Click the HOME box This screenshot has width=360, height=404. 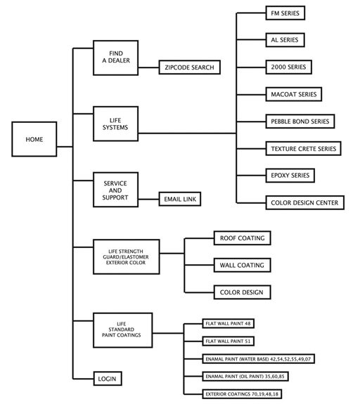click(34, 139)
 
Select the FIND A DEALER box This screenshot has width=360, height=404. click(116, 58)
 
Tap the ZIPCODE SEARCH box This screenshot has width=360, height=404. click(190, 67)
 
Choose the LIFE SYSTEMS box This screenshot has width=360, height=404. click(116, 124)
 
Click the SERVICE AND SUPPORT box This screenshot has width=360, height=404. click(116, 190)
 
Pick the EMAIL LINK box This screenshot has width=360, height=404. click(180, 199)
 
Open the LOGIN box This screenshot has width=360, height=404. click(108, 379)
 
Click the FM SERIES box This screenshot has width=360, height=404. click(285, 13)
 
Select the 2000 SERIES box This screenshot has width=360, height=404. click(288, 67)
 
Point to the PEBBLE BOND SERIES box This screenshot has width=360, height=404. click(300, 121)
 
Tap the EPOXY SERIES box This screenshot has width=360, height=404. click(290, 176)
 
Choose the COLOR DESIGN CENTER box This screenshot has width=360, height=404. click(305, 202)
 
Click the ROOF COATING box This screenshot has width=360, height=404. click(243, 237)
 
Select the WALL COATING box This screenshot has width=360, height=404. click(243, 265)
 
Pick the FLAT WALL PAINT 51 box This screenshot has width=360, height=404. click(229, 341)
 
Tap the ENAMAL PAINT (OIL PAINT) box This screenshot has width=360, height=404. click(245, 376)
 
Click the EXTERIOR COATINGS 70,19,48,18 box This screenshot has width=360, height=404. click(242, 394)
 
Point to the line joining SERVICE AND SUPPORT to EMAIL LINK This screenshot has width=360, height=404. click(149, 199)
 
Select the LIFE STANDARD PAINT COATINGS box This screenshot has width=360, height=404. click(123, 330)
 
